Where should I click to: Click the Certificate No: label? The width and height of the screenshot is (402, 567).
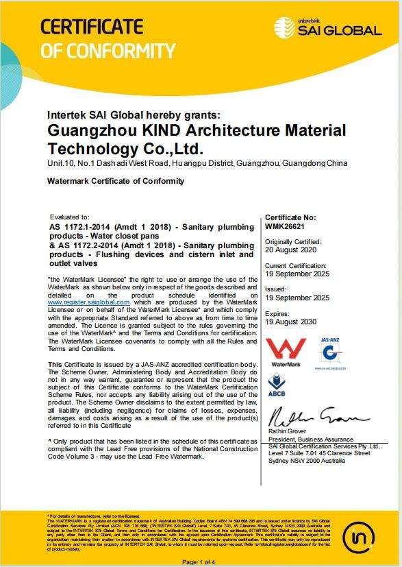pos(290,216)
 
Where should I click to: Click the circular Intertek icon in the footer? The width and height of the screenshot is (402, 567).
pos(359,535)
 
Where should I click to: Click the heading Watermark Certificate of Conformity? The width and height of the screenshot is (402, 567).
pos(115,181)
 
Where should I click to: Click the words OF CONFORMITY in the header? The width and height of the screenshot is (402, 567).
pos(108,50)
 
